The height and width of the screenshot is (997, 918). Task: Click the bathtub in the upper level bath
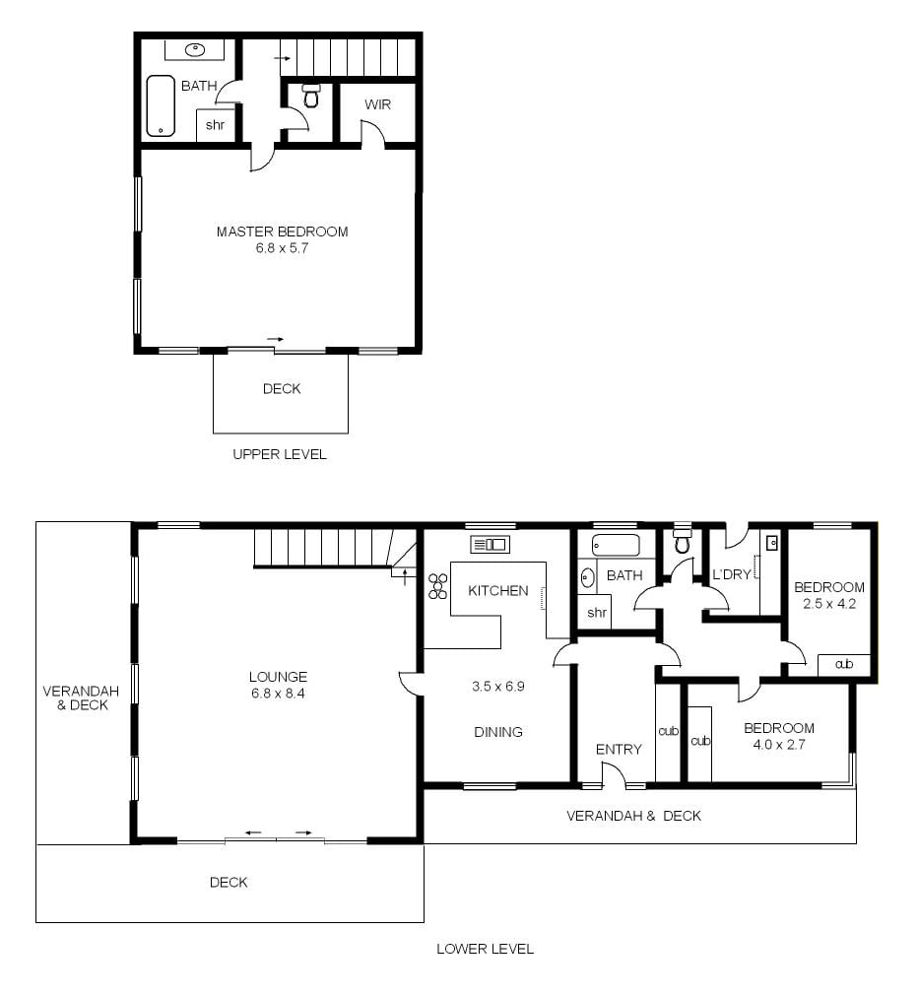(x=161, y=105)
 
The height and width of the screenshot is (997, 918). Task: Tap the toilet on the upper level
(x=311, y=96)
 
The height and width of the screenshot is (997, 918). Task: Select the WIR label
(x=377, y=104)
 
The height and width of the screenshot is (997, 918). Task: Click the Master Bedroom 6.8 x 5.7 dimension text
(x=282, y=248)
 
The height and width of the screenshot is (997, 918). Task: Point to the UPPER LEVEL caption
(x=279, y=454)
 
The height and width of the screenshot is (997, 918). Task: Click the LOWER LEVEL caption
(x=485, y=949)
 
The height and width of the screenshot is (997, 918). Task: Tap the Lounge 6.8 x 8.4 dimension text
(x=278, y=693)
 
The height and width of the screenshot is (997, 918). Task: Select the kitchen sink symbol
(x=490, y=544)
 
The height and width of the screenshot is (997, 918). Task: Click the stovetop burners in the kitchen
(x=437, y=585)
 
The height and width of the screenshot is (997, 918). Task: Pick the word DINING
(x=497, y=732)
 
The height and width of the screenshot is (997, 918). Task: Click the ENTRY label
(x=619, y=750)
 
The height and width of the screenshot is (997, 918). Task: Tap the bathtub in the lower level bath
(x=616, y=546)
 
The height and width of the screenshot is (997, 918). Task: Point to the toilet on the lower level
(x=683, y=539)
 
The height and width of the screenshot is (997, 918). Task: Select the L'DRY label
(x=732, y=574)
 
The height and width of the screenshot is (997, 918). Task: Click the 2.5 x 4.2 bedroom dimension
(x=829, y=603)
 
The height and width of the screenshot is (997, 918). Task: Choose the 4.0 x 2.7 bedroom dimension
(x=779, y=745)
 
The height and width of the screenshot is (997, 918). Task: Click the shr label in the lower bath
(x=596, y=613)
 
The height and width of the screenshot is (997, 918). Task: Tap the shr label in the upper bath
(x=215, y=124)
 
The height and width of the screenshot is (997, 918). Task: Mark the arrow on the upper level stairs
(x=283, y=58)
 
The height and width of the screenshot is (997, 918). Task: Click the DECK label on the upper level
(x=282, y=388)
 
